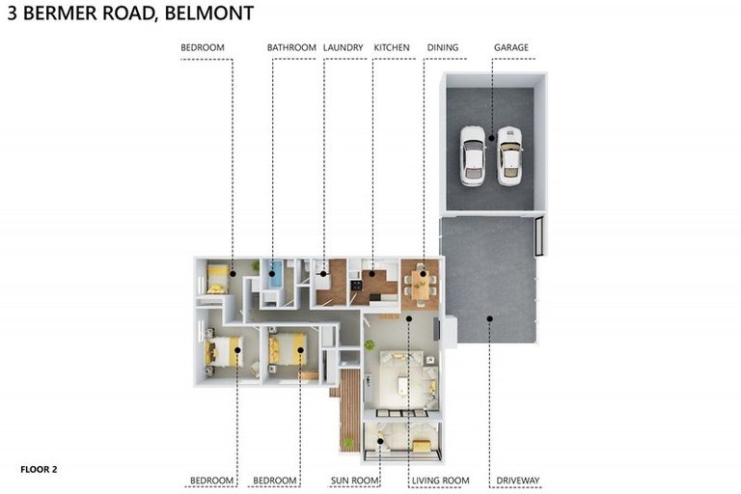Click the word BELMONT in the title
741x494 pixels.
[207, 14]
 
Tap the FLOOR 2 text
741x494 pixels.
[39, 470]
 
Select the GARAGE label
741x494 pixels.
[510, 47]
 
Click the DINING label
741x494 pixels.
[442, 47]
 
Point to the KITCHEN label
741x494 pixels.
[391, 47]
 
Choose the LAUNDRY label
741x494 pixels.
[343, 47]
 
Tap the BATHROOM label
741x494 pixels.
[291, 47]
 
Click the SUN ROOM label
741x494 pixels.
[354, 480]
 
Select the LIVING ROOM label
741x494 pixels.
[439, 480]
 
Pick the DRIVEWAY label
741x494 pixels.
[518, 480]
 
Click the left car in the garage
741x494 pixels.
[472, 154]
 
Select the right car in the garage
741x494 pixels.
[508, 154]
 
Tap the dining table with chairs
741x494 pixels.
[422, 283]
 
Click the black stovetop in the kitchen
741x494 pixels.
[356, 284]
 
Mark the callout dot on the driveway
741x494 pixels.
[489, 318]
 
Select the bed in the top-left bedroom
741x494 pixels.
[217, 279]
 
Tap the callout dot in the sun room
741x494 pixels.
[380, 443]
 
